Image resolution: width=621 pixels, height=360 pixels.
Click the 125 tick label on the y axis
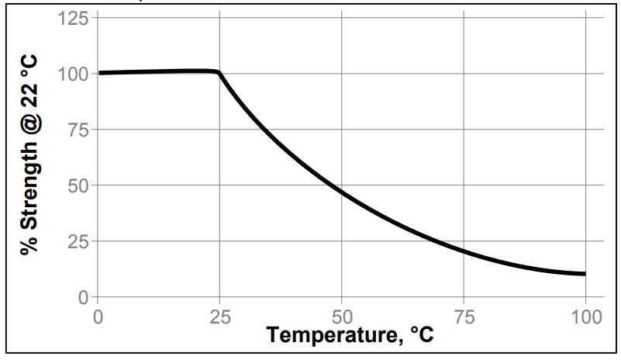pos(72,18)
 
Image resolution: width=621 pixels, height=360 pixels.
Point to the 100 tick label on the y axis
pos(72,74)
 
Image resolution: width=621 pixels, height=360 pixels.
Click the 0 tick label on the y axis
pos(82,297)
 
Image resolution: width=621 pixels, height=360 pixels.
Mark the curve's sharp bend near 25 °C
pos(219,74)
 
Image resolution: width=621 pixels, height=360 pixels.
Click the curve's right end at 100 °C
pos(585,274)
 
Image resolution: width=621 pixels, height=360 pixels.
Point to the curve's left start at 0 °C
pos(99,73)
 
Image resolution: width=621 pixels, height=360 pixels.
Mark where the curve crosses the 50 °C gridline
pos(342,189)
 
